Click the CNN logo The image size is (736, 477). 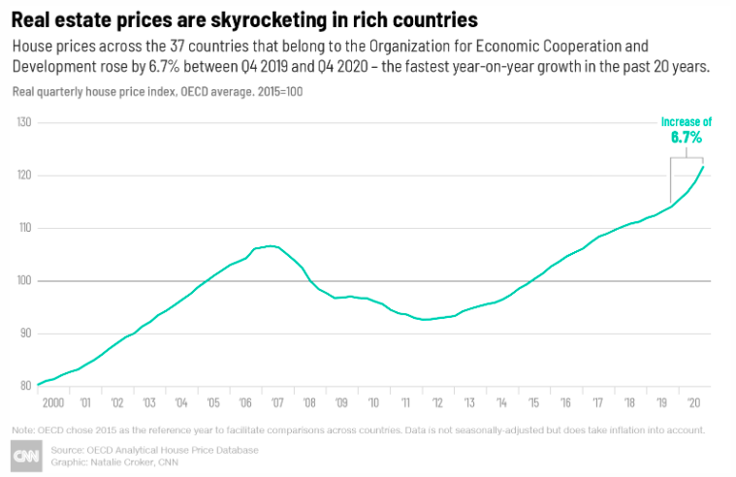pyautogui.click(x=25, y=456)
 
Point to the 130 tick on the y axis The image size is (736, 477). pyautogui.click(x=24, y=123)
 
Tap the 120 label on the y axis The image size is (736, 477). pyautogui.click(x=24, y=175)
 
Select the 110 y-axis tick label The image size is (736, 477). pyautogui.click(x=24, y=228)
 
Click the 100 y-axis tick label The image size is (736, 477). pyautogui.click(x=24, y=281)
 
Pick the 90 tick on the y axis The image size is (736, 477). pyautogui.click(x=24, y=334)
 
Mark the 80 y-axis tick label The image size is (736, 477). pyautogui.click(x=24, y=386)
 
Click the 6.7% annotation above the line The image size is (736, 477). pyautogui.click(x=687, y=138)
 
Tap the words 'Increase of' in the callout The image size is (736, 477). pyautogui.click(x=687, y=122)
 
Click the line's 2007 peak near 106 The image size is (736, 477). pyautogui.click(x=271, y=246)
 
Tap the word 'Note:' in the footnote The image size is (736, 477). pyautogui.click(x=24, y=429)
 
